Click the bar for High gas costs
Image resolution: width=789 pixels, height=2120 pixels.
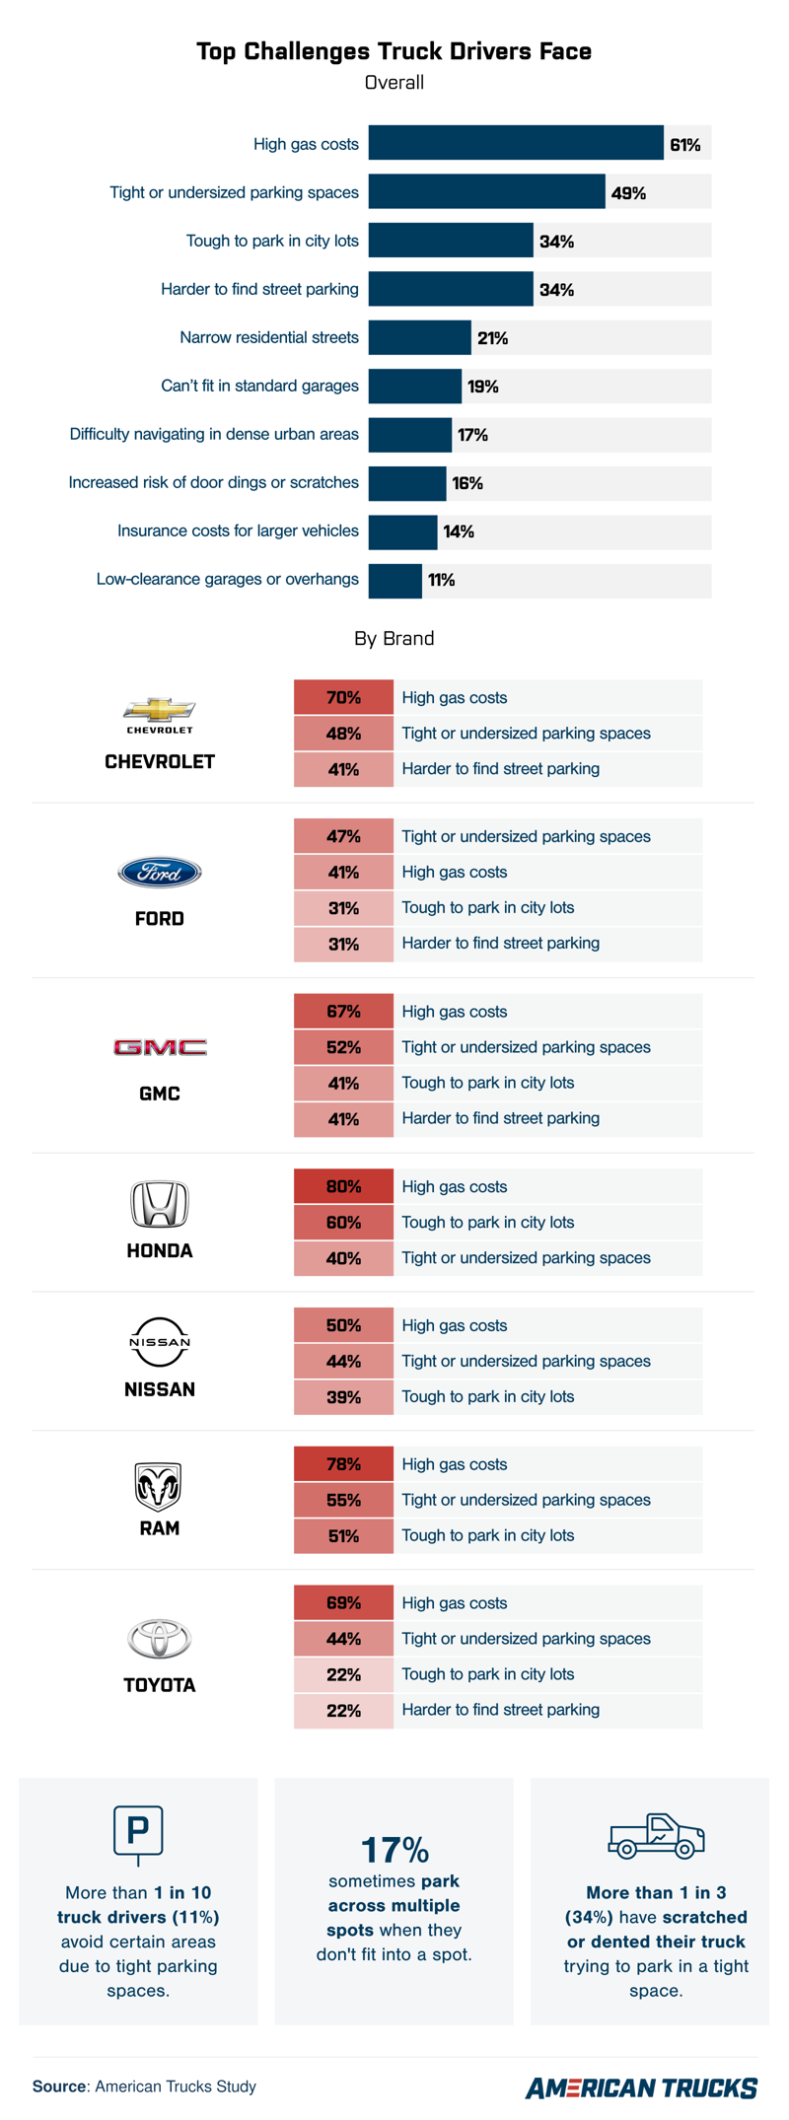(x=516, y=143)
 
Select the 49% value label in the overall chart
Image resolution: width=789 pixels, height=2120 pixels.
(x=628, y=193)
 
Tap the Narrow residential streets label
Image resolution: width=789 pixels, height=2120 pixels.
(x=269, y=337)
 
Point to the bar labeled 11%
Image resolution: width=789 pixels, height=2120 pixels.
(x=395, y=580)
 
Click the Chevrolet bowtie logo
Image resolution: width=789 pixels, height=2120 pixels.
(x=160, y=709)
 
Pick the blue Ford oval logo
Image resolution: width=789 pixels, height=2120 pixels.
(x=160, y=873)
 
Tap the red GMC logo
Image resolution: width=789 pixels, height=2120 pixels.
(x=160, y=1047)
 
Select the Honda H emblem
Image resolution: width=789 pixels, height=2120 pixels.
(x=160, y=1204)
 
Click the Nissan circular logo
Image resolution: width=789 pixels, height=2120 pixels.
(x=160, y=1342)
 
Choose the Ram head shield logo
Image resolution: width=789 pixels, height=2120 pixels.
(x=159, y=1486)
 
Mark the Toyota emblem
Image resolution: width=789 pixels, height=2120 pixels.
(x=160, y=1639)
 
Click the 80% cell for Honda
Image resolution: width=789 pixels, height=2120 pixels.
(x=343, y=1187)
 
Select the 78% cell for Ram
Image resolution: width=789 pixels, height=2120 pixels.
(x=343, y=1464)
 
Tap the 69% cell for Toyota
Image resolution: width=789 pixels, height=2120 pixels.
(x=343, y=1603)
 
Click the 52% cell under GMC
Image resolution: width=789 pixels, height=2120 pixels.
(x=343, y=1047)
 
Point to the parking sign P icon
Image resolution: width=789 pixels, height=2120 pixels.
(x=138, y=1833)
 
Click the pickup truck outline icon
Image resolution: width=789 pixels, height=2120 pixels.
(x=656, y=1836)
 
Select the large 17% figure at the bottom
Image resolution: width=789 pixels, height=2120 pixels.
(x=394, y=1850)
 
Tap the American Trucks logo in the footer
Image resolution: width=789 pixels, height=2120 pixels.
(x=641, y=2087)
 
